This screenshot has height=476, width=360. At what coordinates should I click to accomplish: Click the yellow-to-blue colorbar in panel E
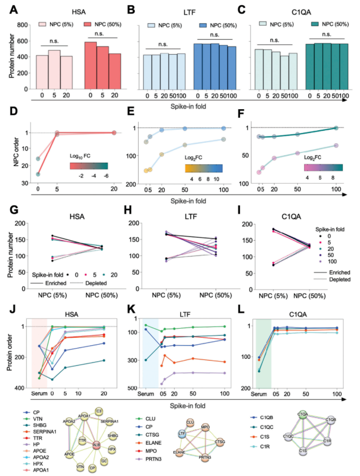199,168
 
